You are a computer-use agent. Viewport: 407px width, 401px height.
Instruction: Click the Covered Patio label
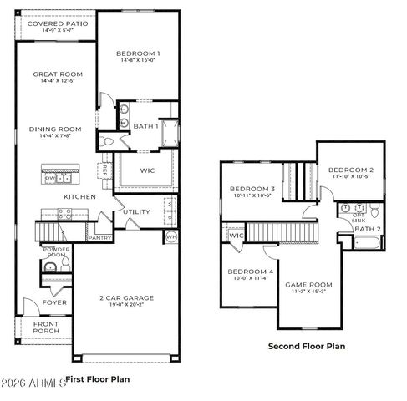point(55,24)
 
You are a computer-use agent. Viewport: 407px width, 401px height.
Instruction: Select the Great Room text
point(57,74)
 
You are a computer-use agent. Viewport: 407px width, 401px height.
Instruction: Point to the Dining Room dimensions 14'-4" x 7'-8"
point(57,135)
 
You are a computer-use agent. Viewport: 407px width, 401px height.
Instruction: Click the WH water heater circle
point(170,237)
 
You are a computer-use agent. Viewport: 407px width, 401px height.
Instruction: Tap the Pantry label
point(99,238)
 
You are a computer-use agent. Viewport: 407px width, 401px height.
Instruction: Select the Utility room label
point(136,212)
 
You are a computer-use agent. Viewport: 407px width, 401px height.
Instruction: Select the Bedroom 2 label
point(350,170)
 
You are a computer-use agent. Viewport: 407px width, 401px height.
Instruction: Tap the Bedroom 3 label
point(252,189)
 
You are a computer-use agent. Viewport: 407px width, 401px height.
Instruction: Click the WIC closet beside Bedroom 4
point(236,236)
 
